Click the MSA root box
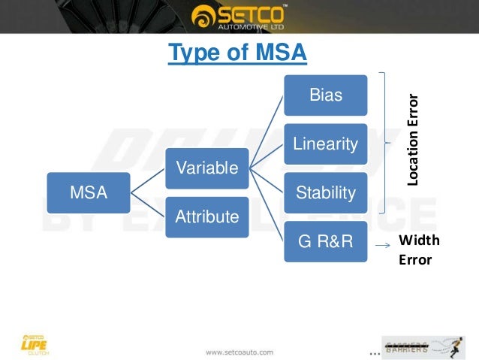(x=89, y=192)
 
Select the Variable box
(x=206, y=168)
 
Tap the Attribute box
(x=206, y=216)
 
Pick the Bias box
(x=326, y=95)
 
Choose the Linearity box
(x=326, y=143)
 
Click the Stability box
(x=326, y=192)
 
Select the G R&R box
(x=326, y=241)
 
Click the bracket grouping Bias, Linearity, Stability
(x=386, y=143)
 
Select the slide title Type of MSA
(x=237, y=54)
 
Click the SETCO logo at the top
(x=239, y=14)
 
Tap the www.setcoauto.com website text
(x=239, y=351)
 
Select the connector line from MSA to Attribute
(x=148, y=204)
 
